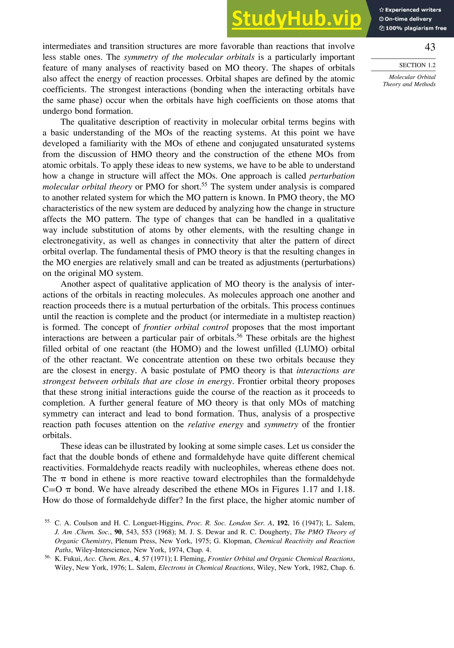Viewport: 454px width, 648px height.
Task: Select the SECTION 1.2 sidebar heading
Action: (417, 65)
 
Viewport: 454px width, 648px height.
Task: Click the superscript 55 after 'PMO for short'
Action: (204, 184)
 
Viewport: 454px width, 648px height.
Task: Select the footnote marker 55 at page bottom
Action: (47, 521)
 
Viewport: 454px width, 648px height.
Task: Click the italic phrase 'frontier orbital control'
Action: (186, 327)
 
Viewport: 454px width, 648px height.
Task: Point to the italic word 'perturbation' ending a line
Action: (332, 176)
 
